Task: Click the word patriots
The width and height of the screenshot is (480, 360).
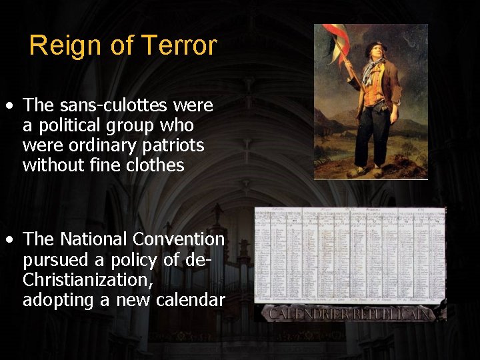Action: pos(172,145)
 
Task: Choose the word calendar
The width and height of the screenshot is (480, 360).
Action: pos(190,300)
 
